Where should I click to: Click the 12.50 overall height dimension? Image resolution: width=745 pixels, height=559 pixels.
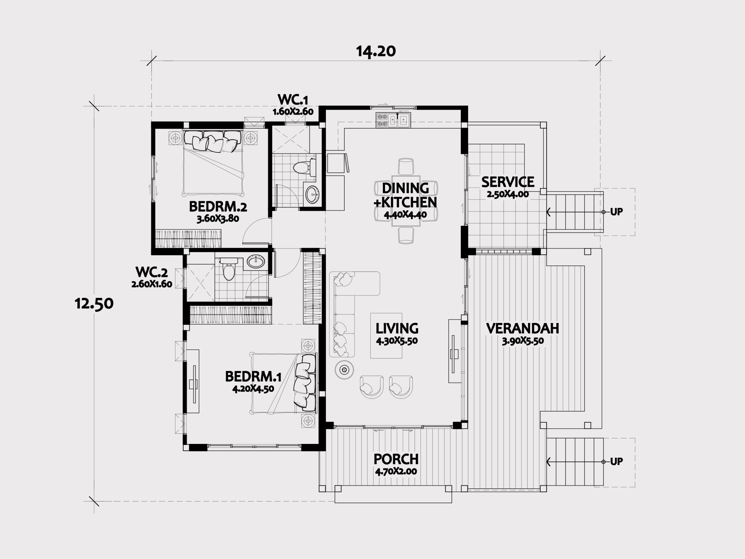click(x=94, y=304)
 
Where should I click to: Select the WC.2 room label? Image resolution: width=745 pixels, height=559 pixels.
click(x=151, y=272)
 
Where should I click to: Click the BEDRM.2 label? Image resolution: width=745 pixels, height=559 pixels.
click(x=218, y=206)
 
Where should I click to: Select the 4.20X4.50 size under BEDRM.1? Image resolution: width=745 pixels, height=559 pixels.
click(x=253, y=389)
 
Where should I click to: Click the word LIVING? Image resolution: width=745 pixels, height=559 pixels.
click(x=397, y=328)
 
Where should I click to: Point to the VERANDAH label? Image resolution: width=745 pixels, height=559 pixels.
click(x=522, y=328)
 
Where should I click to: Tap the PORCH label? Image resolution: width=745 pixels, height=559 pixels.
click(x=396, y=459)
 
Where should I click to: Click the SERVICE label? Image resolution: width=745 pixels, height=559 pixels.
click(x=508, y=182)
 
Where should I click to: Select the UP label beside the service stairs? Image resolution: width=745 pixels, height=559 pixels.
click(x=616, y=212)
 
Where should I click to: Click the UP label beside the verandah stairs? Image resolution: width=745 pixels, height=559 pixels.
click(x=616, y=461)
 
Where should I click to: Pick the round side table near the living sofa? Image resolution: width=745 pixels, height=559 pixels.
click(x=344, y=370)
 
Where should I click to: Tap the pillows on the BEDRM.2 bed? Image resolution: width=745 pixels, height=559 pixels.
click(x=212, y=141)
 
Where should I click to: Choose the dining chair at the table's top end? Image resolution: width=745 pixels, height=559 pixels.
click(x=406, y=167)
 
